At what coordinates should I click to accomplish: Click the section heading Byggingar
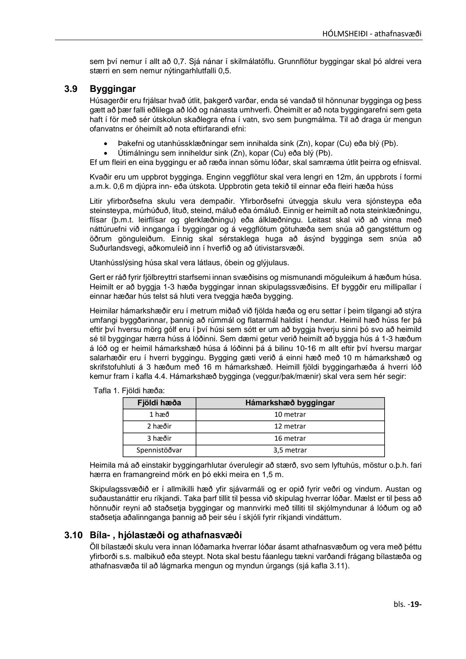[x=113, y=89]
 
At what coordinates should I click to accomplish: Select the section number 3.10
[x=73, y=535]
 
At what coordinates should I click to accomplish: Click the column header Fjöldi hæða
[x=159, y=403]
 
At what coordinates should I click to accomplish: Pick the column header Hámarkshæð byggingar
[x=290, y=403]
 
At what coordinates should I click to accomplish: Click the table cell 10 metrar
[x=290, y=415]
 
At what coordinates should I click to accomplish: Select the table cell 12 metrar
[x=290, y=426]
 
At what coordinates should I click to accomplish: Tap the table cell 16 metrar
[x=290, y=438]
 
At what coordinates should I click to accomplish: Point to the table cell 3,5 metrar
[x=290, y=450]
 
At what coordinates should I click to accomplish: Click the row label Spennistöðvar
[x=159, y=450]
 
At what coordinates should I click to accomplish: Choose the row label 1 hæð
[x=159, y=415]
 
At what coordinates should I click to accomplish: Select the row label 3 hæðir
[x=159, y=438]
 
